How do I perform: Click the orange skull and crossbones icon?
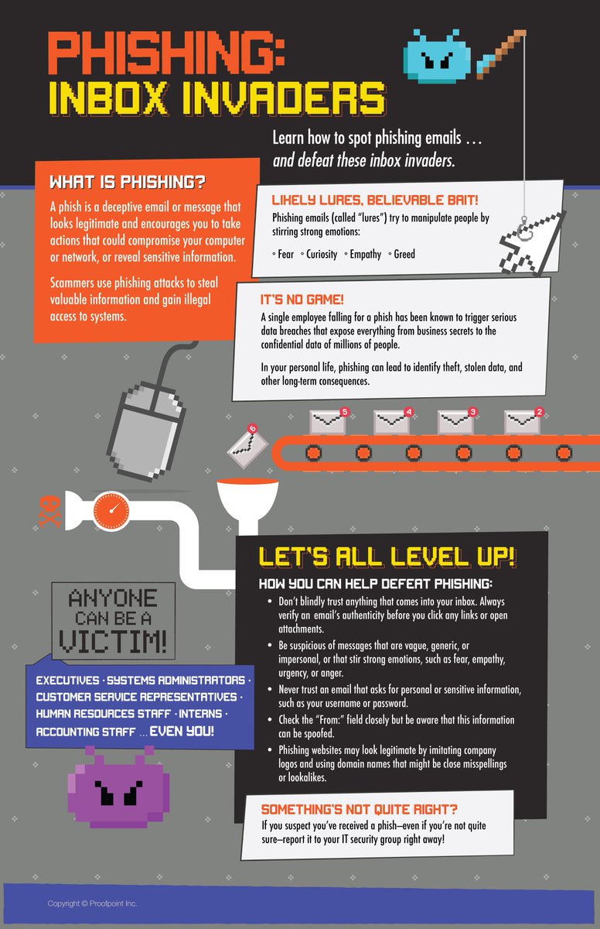(49, 512)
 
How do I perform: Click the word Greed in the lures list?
(404, 254)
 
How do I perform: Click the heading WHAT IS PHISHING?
(127, 183)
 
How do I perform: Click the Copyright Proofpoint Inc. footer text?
(93, 903)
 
